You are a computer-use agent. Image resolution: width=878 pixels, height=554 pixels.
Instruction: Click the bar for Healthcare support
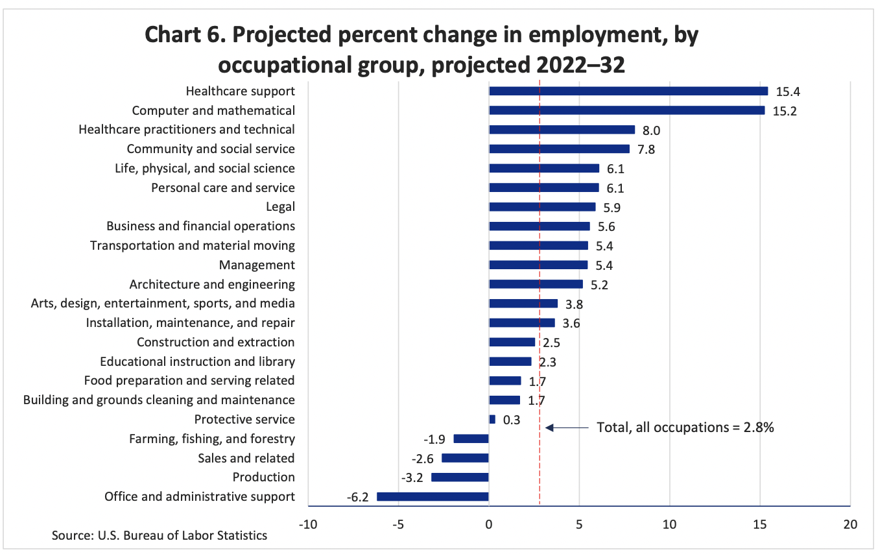[x=628, y=91]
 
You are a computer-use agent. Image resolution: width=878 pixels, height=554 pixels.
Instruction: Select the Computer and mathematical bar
[x=626, y=110]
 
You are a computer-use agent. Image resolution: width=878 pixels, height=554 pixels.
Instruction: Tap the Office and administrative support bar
[x=433, y=497]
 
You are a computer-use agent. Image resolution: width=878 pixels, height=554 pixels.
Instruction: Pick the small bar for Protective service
[x=492, y=420]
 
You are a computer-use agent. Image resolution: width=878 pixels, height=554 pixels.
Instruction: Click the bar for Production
[x=460, y=477]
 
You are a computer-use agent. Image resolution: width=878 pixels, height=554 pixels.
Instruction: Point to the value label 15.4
[x=787, y=91]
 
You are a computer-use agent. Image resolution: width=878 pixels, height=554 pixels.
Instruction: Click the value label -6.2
[x=357, y=498]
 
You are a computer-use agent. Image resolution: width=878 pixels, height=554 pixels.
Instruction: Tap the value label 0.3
[x=512, y=420]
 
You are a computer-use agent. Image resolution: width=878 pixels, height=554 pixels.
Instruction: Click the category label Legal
[x=280, y=207]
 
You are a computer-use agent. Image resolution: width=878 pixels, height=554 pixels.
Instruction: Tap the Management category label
[x=257, y=265]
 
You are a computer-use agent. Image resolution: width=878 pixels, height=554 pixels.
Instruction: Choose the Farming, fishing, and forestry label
[x=212, y=439]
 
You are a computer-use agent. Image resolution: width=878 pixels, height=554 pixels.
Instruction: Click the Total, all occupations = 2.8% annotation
[x=685, y=428]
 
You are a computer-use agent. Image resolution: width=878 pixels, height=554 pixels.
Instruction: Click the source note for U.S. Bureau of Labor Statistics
[x=160, y=536]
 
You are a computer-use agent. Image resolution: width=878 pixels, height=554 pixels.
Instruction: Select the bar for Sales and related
[x=465, y=458]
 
